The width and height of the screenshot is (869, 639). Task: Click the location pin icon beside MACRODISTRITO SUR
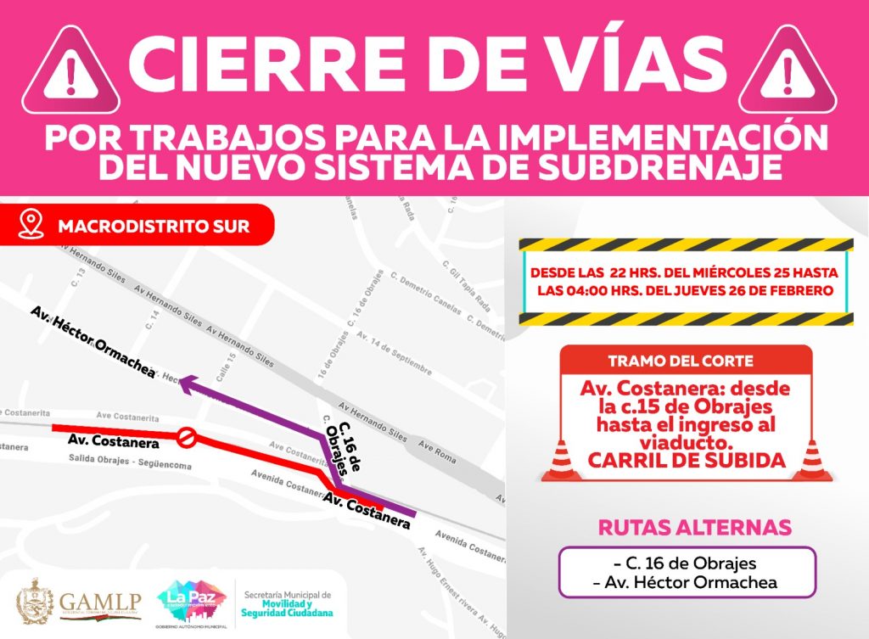(x=31, y=225)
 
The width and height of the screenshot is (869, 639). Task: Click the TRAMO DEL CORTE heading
(x=687, y=362)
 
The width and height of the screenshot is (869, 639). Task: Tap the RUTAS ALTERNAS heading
(x=695, y=527)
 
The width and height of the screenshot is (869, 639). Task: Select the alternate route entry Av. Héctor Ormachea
(x=687, y=582)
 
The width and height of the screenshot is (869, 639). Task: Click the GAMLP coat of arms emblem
(x=35, y=601)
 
